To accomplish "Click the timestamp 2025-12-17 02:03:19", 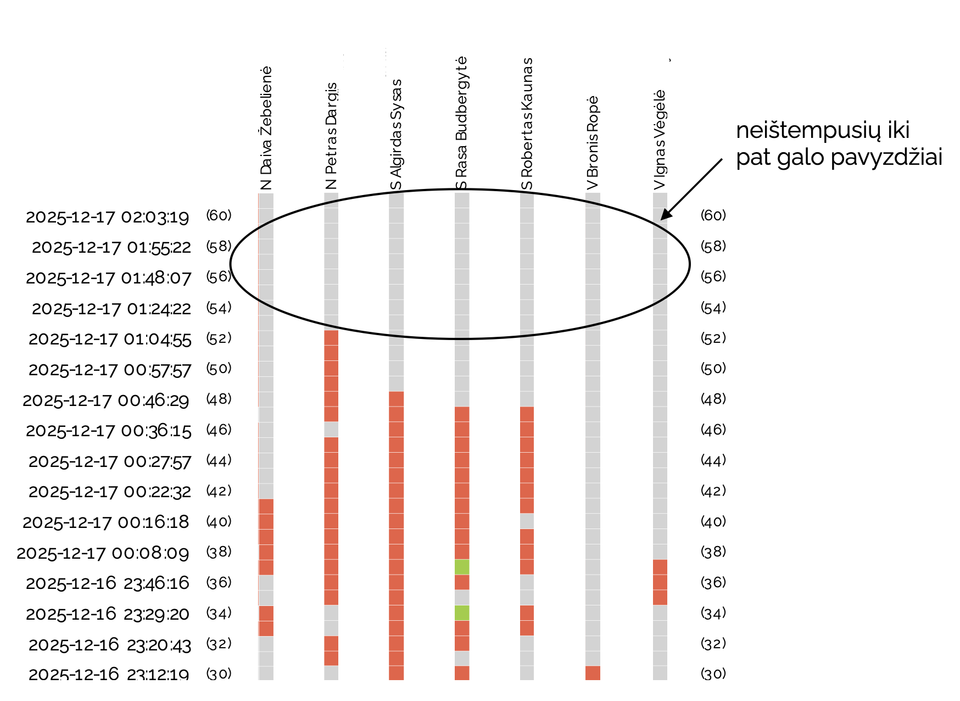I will (108, 217).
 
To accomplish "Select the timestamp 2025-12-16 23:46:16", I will (108, 583).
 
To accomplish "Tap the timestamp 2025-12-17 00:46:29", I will (106, 400).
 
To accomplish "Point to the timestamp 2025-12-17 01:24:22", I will (111, 309).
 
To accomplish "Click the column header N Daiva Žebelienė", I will (266, 129).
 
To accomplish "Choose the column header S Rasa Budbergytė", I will (462, 124).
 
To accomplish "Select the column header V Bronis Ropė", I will (593, 143).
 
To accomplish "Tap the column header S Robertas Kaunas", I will (527, 124).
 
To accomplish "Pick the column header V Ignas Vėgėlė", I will (660, 140).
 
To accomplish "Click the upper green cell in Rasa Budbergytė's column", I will (462, 567).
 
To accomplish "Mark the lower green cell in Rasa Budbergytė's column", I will (462, 613).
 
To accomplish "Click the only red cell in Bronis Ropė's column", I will (593, 673).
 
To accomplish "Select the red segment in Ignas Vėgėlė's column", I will (660, 582).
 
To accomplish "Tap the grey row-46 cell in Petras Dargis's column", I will (331, 429).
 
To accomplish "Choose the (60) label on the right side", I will (713, 215).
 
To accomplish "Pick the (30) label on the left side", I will (219, 674).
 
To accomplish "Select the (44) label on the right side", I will (713, 460).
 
